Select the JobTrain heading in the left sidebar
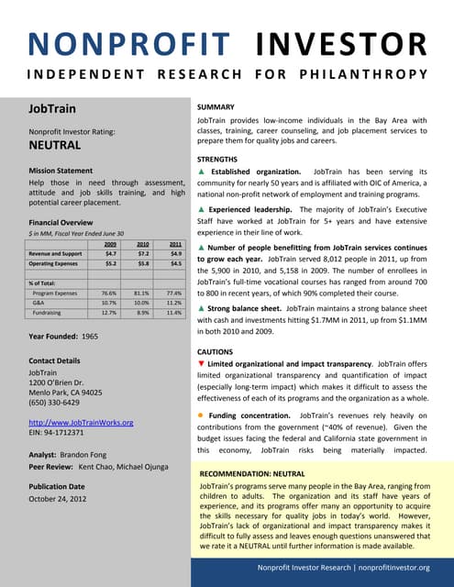(50, 109)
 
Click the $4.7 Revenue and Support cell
(109, 253)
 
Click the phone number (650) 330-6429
(59, 402)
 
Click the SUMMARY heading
(216, 107)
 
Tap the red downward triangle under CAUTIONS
(201, 366)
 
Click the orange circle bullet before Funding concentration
(201, 415)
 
